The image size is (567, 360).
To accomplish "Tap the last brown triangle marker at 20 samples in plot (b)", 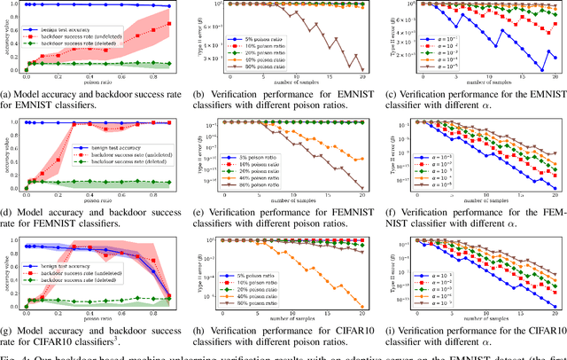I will pyautogui.click(x=363, y=69).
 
